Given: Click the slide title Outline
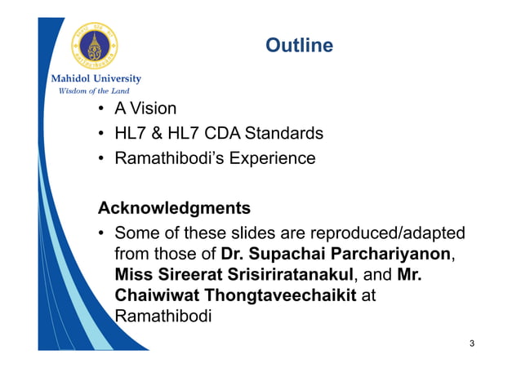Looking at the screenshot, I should coord(299,46).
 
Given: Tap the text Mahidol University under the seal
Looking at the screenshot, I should coord(96,79).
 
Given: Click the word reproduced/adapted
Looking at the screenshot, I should coord(382,232).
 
